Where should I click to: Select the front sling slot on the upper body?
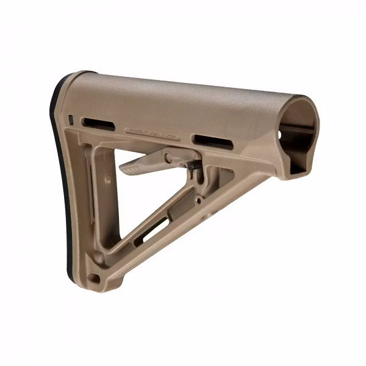click(213, 140)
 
